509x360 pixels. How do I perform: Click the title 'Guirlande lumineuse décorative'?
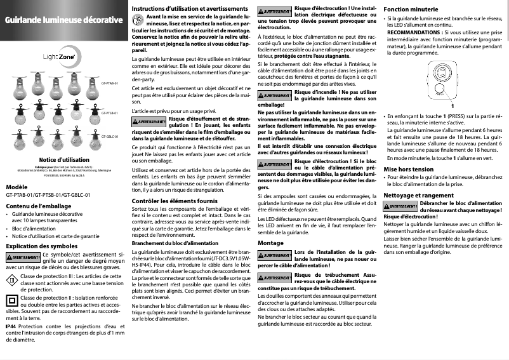[63, 20]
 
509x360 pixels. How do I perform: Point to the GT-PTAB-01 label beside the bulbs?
[110, 83]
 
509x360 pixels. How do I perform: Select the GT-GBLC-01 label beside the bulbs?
[110, 136]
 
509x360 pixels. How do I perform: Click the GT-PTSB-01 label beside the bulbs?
[110, 111]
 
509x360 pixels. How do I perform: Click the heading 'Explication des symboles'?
[41, 245]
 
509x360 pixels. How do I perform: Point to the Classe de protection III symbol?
[12, 280]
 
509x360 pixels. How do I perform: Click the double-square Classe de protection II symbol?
[12, 301]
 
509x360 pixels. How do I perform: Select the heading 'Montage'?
[272, 243]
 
